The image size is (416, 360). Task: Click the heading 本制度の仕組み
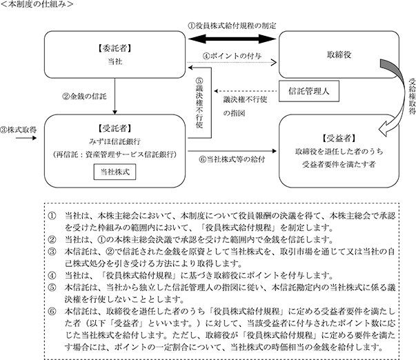(x=37, y=5)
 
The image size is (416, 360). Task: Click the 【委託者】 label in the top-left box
(x=115, y=48)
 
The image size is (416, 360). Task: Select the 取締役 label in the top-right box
(x=339, y=54)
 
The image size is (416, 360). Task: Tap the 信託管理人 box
(x=309, y=91)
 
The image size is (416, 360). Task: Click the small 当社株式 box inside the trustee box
(x=115, y=172)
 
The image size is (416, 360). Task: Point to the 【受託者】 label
(x=115, y=128)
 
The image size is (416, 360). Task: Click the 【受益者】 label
(x=339, y=138)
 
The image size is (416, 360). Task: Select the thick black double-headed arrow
(x=232, y=39)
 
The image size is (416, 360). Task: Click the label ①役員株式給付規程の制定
(x=232, y=26)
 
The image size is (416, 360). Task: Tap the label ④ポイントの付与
(x=232, y=56)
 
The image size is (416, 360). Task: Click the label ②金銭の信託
(x=84, y=96)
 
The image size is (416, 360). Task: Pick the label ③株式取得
(x=19, y=130)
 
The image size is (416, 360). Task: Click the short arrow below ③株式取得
(x=26, y=138)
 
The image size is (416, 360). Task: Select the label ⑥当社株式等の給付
(x=232, y=159)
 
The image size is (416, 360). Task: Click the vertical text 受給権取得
(x=411, y=96)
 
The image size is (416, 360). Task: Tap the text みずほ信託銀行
(x=115, y=141)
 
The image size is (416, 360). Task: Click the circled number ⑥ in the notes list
(x=52, y=311)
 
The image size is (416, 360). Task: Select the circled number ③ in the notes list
(x=52, y=251)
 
